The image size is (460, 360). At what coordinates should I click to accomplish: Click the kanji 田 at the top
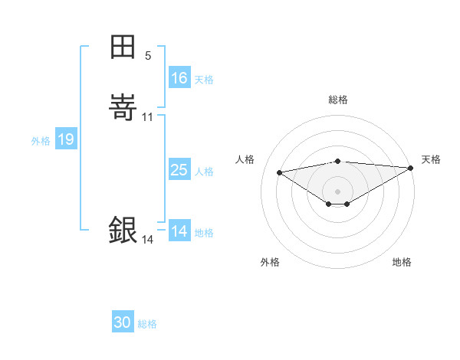[x=123, y=47]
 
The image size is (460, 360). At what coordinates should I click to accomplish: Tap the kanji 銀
[x=123, y=230]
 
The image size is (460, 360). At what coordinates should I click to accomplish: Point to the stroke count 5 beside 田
[x=148, y=56]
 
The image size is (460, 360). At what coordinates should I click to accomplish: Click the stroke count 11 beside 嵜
[x=148, y=116]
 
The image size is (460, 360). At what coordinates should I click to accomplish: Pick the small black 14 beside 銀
[x=147, y=240]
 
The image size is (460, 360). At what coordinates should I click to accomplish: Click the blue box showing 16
[x=179, y=78]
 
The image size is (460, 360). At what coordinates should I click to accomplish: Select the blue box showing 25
[x=179, y=170]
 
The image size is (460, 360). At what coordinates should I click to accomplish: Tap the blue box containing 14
[x=179, y=231]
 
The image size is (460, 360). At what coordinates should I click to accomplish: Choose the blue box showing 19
[x=66, y=139]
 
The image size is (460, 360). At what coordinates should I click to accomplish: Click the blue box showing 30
[x=123, y=322]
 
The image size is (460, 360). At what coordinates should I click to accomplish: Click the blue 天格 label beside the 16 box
[x=204, y=79]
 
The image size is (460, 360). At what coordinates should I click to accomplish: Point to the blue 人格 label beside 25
[x=204, y=171]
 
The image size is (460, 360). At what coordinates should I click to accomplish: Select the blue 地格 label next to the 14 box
[x=204, y=232]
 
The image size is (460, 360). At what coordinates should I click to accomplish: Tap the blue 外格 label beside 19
[x=41, y=140]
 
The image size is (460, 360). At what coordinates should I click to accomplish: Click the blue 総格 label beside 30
[x=147, y=323]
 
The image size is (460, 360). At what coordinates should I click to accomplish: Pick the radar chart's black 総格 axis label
[x=338, y=100]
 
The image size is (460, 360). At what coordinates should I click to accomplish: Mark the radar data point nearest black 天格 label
[x=411, y=168]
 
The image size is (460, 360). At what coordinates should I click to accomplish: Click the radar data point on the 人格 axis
[x=280, y=172]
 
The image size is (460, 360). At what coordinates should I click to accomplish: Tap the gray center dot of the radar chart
[x=338, y=191]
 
